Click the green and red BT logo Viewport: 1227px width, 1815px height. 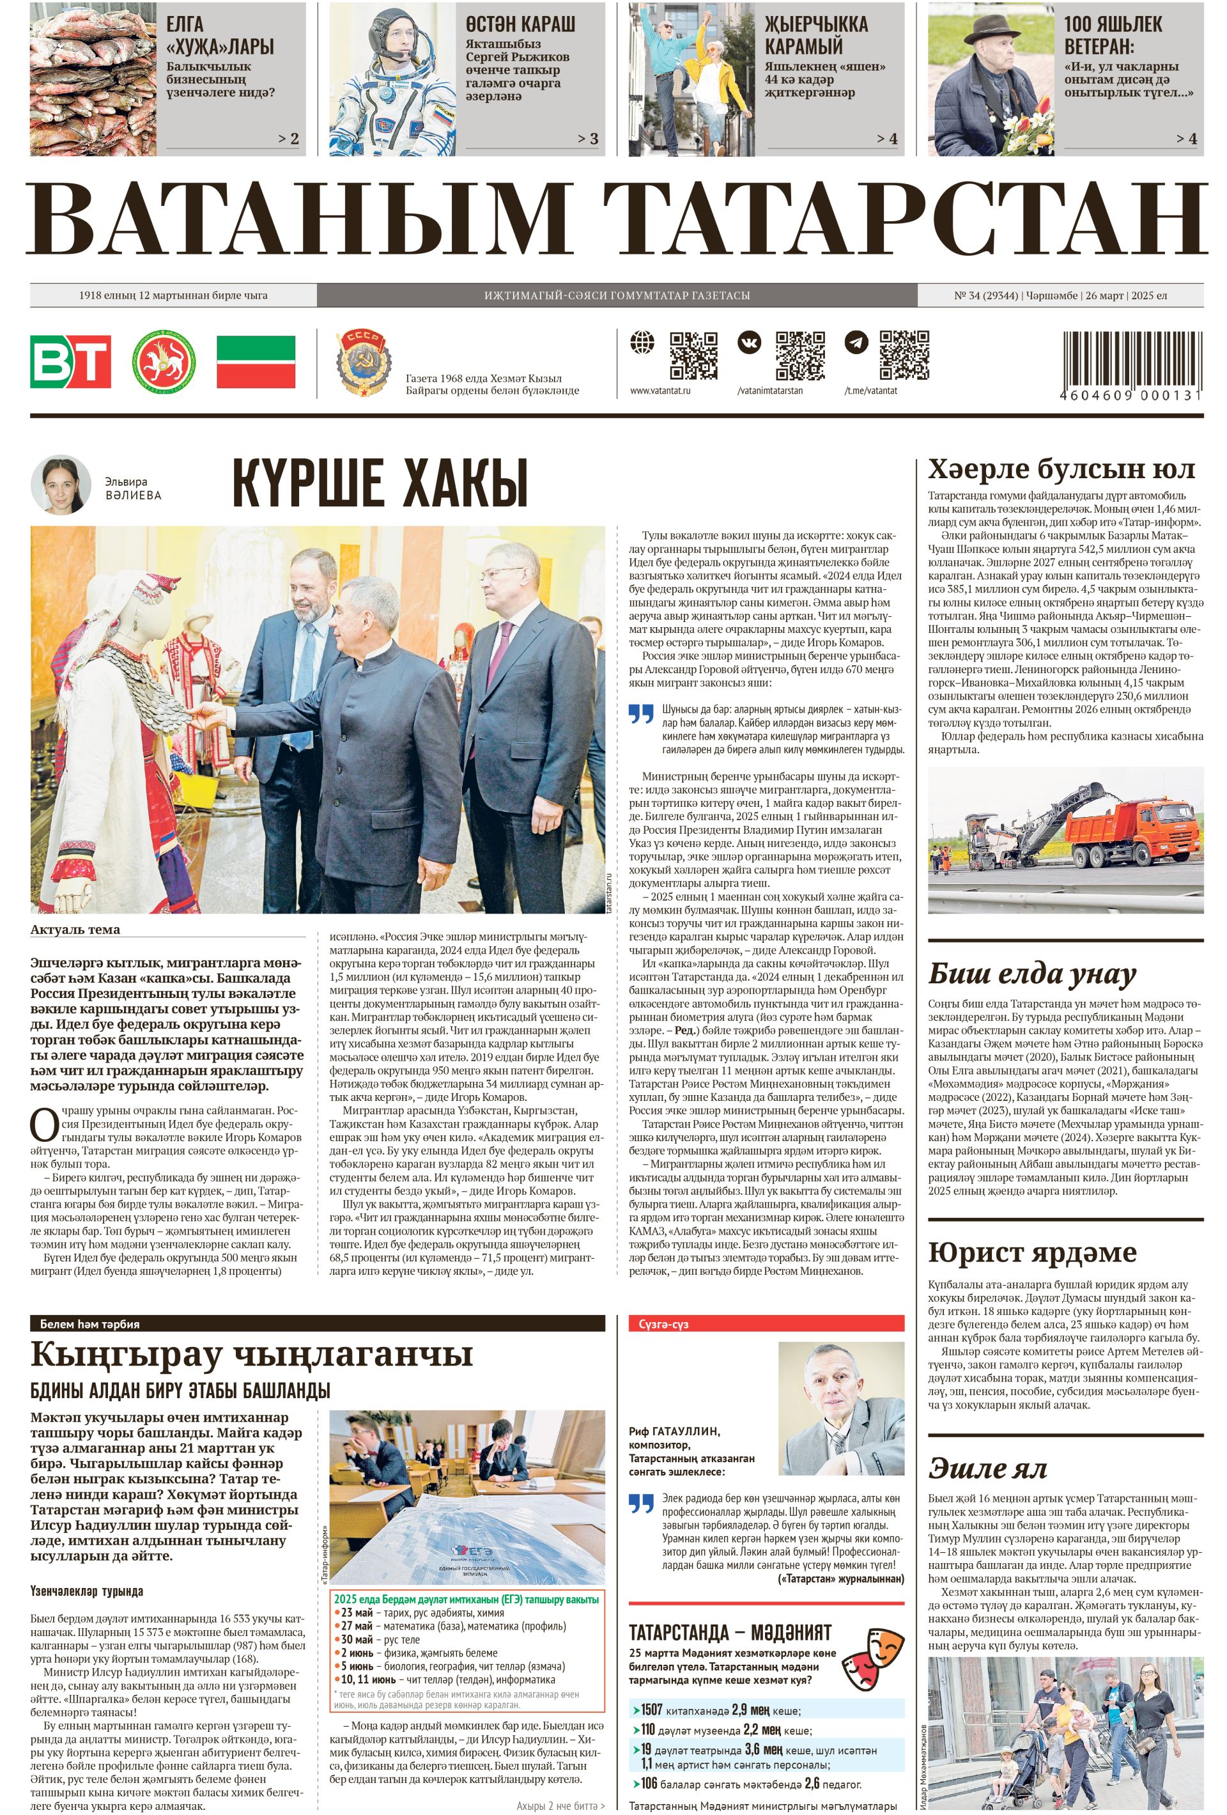(x=70, y=362)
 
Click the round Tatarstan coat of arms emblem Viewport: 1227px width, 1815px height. (x=163, y=362)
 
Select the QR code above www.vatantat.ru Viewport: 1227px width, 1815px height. (x=693, y=355)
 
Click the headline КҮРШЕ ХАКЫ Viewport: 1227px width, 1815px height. (x=380, y=483)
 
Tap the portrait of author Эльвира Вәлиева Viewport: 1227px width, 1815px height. (x=60, y=484)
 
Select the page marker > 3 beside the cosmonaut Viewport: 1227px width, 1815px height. (x=587, y=139)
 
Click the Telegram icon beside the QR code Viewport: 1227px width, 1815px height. (x=856, y=343)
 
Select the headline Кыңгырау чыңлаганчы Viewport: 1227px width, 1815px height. (x=251, y=1353)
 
